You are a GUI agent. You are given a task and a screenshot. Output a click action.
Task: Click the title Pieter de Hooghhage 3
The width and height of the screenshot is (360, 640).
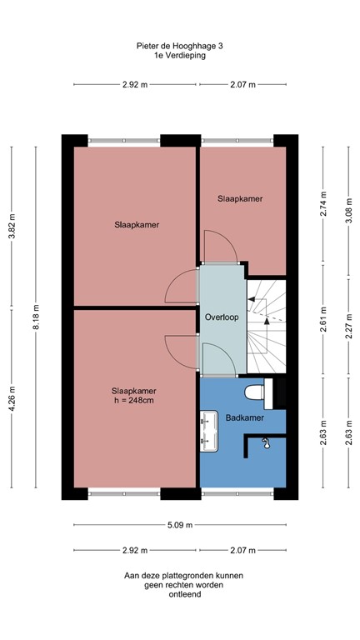coord(180,47)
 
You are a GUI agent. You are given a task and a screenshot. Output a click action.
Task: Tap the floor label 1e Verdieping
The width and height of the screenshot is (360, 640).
coord(180,57)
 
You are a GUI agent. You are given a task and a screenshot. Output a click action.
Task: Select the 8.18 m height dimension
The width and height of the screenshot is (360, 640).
coord(35,317)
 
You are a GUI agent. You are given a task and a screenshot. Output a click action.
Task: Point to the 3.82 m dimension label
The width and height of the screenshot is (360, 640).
coord(12,224)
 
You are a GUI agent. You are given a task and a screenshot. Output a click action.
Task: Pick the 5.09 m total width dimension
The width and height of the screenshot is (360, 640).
coord(180,525)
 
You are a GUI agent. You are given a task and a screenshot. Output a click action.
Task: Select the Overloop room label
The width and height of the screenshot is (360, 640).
coord(222,317)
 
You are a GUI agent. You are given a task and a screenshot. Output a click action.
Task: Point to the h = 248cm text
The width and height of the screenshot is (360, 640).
coord(134,401)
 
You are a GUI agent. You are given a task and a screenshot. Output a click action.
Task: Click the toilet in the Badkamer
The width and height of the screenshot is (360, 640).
coord(254,390)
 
